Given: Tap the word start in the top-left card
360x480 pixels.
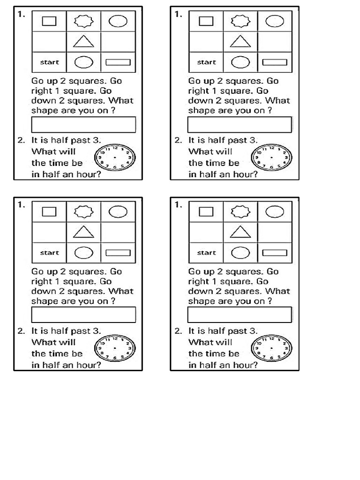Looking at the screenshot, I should click(50, 62).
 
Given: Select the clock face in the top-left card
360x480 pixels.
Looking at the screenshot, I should click(115, 157).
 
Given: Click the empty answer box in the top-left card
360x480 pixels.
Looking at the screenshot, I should click(83, 125).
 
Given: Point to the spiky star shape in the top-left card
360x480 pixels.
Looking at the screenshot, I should click(83, 21).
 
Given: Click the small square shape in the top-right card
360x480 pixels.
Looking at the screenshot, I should click(206, 21).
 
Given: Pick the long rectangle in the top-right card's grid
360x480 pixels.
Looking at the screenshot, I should click(275, 62).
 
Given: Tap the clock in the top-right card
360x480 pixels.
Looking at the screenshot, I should click(272, 157).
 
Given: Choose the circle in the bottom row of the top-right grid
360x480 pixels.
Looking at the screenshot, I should click(240, 62).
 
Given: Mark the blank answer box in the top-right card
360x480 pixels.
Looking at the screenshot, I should click(240, 125).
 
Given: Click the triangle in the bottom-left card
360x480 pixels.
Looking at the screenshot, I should click(83, 232).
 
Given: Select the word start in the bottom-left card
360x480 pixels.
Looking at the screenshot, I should click(50, 253).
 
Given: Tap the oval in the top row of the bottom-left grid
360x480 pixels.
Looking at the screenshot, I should click(118, 211).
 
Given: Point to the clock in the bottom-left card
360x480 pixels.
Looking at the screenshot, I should click(115, 348).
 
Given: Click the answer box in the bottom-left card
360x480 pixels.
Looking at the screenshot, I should click(83, 315).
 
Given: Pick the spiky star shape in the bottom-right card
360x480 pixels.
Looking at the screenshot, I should click(240, 211).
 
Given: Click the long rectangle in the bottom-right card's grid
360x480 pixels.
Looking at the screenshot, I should click(275, 253).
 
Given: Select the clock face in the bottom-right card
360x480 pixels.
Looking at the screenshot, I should click(272, 348).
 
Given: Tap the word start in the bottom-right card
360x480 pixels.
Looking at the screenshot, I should click(207, 253).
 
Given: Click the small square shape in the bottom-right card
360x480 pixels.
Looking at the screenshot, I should click(206, 211).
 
